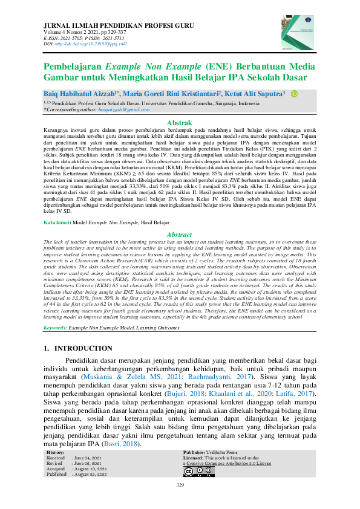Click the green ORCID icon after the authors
295,94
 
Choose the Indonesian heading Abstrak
179,123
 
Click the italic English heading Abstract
179,234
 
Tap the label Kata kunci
56,223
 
